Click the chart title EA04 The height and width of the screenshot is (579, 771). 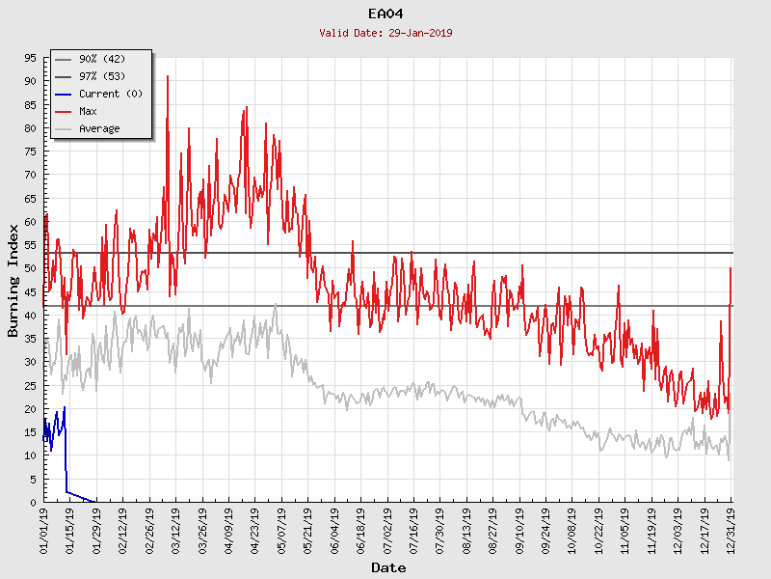385,14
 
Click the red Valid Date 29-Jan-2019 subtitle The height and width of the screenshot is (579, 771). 385,33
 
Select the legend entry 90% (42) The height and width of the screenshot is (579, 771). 99,60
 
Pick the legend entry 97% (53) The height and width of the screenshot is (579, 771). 99,77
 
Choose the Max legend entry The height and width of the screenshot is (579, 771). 88,112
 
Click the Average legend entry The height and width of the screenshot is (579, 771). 99,129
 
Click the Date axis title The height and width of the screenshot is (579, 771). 388,568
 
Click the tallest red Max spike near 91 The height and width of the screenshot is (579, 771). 168,76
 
